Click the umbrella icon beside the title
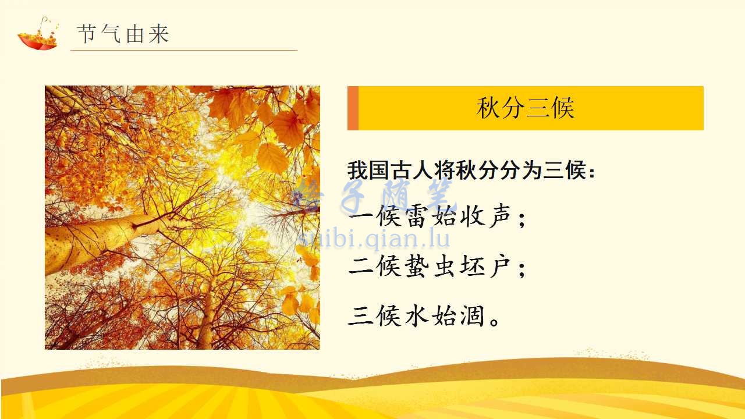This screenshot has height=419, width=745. coord(38,34)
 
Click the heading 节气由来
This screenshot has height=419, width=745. coord(123,34)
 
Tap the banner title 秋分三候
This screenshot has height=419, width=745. coord(525,108)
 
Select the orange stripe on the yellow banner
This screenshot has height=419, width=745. coord(353,108)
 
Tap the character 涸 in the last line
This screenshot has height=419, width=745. coord(472,315)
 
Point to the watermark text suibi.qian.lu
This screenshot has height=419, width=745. coord(374,238)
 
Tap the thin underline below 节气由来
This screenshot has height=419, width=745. coord(184,50)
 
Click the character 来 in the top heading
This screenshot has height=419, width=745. coord(159,34)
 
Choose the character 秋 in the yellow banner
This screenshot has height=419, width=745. coord(488,108)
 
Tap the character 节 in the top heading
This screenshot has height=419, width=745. coord(87,34)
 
